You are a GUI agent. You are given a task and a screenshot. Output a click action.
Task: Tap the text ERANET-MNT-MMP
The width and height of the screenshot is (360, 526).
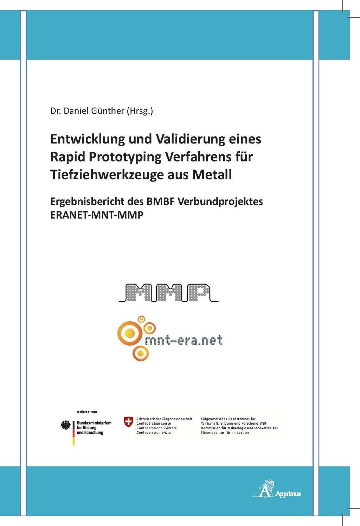[x=97, y=215]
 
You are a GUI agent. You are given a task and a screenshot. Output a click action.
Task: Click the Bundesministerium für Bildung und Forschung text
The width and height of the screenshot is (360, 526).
[x=94, y=427]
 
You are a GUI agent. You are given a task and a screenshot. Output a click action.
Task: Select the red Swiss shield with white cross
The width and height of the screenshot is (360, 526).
[x=129, y=422]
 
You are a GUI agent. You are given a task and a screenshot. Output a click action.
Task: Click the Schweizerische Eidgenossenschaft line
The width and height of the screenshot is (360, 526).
[x=164, y=419]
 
